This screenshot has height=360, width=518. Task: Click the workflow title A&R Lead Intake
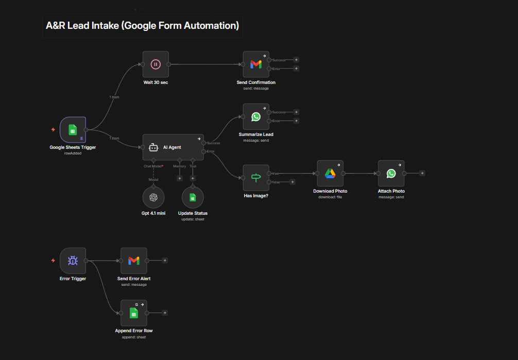(x=142, y=25)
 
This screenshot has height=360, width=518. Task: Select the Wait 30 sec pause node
(x=156, y=64)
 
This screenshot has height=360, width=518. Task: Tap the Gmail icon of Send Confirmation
(x=256, y=64)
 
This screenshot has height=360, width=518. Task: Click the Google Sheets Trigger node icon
(x=73, y=130)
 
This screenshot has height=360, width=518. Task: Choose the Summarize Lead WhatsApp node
(x=256, y=117)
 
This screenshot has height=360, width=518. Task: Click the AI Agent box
(x=172, y=147)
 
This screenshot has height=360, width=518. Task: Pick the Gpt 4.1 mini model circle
(x=153, y=197)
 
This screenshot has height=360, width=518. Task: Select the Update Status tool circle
(x=193, y=197)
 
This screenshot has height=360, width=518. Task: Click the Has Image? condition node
(x=256, y=178)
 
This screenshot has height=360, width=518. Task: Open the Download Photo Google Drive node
(x=330, y=173)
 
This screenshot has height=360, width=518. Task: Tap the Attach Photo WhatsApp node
(x=391, y=173)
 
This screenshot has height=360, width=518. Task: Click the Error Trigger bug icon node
(x=73, y=261)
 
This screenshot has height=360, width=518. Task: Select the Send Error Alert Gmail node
(x=133, y=261)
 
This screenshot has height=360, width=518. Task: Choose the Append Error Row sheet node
(x=133, y=313)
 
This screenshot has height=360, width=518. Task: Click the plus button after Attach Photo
(x=422, y=173)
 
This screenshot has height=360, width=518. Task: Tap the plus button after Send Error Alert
(x=165, y=261)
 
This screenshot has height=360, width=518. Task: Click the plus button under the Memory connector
(x=180, y=178)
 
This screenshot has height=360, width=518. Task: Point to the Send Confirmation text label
(x=256, y=82)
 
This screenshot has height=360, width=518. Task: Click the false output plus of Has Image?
(x=292, y=181)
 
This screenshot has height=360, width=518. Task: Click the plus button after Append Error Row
(x=165, y=313)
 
